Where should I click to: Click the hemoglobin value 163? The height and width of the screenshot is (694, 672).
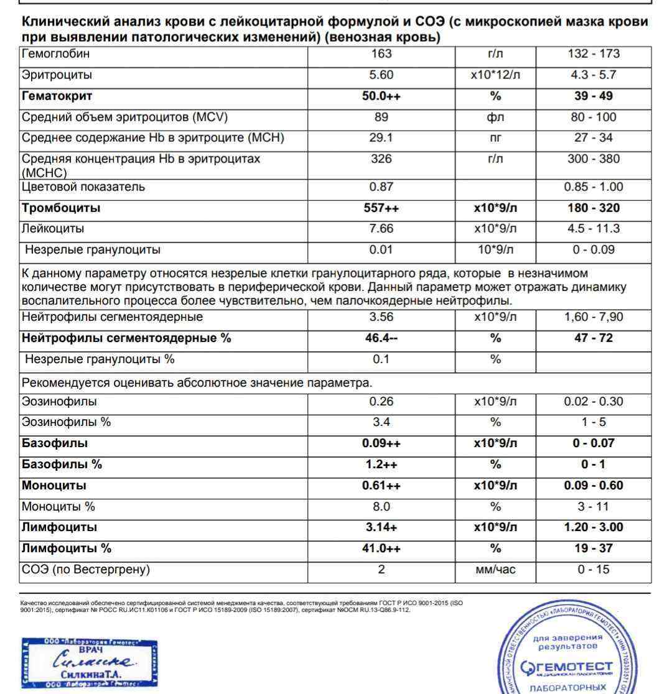click(x=381, y=54)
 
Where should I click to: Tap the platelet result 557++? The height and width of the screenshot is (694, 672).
click(x=381, y=208)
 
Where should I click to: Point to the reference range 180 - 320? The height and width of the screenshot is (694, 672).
click(x=594, y=208)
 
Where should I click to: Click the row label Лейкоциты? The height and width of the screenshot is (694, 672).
click(x=53, y=229)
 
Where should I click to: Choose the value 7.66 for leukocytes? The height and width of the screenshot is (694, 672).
click(x=381, y=229)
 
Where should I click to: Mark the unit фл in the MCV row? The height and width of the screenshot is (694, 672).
click(x=495, y=118)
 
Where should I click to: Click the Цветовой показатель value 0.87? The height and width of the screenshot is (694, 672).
click(x=381, y=187)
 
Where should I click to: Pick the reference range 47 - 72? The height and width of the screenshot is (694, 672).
click(x=594, y=338)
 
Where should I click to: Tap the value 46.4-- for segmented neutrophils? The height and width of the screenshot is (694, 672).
click(x=381, y=338)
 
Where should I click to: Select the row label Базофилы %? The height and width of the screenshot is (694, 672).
click(x=62, y=465)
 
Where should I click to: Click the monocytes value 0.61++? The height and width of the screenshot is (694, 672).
click(x=381, y=486)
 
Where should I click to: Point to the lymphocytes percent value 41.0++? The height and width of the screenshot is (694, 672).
click(x=381, y=548)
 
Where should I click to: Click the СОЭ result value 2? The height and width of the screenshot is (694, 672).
click(x=381, y=570)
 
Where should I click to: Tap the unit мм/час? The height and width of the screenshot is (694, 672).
click(x=495, y=570)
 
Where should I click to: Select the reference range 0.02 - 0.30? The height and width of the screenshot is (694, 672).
click(x=594, y=402)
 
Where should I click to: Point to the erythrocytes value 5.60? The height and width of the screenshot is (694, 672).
click(x=381, y=75)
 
